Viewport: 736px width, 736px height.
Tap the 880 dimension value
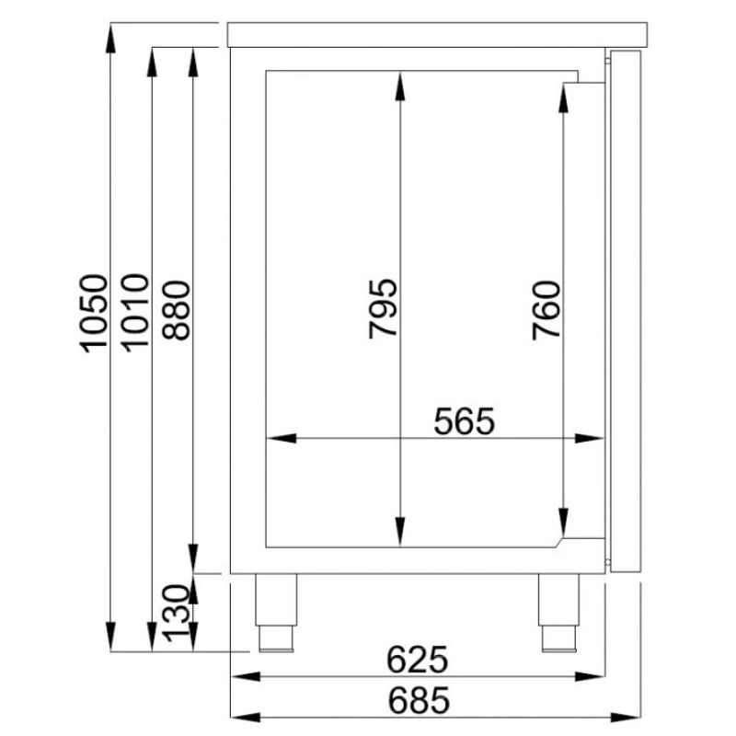tap(176, 310)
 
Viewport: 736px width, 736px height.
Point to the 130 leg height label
tap(176, 613)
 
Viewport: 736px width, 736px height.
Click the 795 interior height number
tap(383, 309)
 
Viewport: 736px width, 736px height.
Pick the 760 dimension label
tap(546, 310)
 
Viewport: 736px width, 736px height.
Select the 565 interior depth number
tap(465, 421)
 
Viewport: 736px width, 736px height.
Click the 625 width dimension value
tap(418, 660)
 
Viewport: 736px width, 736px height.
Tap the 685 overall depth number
tap(419, 700)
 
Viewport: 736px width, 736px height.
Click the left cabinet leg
tap(276, 613)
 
